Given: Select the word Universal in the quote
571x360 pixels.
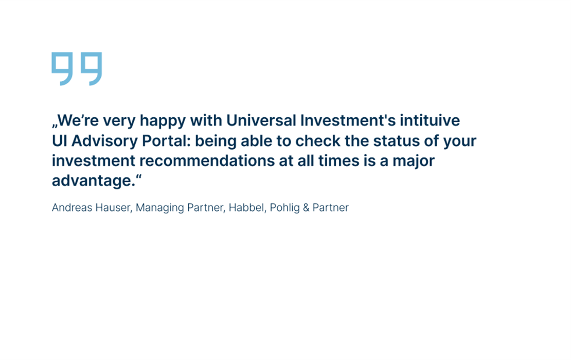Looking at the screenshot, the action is click(x=261, y=120).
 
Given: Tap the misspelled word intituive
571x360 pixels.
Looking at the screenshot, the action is click(x=430, y=120).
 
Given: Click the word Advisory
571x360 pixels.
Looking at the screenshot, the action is click(x=104, y=141).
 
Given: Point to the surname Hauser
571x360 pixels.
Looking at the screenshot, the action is click(x=114, y=208).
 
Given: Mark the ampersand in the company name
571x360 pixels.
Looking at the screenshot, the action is click(x=306, y=207).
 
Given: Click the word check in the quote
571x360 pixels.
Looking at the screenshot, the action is click(x=317, y=141).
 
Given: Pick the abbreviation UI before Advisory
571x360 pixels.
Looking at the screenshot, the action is click(x=59, y=141).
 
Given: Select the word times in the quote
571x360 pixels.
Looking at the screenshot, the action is click(x=338, y=161).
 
